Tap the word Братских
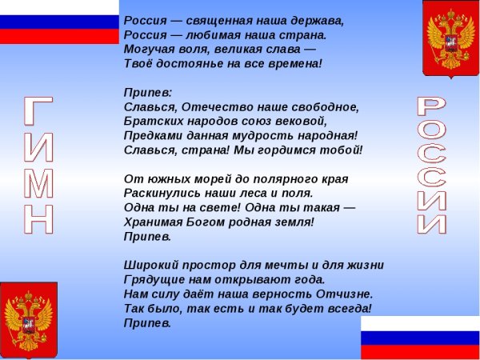click(x=153, y=121)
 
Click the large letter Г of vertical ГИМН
click(x=39, y=113)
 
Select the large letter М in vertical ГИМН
click(x=39, y=183)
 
